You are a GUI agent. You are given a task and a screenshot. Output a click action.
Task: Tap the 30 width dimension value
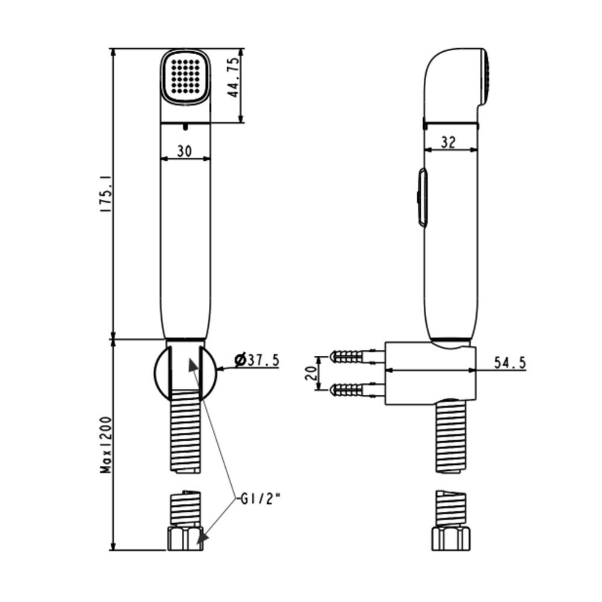pos(185,151)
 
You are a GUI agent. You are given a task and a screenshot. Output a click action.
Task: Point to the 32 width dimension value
pos(448,142)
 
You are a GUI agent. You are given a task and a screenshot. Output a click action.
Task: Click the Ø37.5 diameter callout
pos(257,360)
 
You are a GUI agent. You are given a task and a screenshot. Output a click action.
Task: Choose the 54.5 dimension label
pos(509,362)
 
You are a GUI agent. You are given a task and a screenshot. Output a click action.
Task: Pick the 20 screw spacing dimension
pos(311,373)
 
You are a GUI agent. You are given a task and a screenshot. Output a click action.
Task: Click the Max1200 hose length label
pos(107,444)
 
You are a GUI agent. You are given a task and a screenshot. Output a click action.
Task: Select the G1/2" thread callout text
pos(260,498)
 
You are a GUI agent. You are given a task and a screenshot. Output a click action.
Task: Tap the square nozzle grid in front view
pos(185,76)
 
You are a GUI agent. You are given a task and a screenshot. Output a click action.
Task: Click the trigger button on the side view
pos(423,197)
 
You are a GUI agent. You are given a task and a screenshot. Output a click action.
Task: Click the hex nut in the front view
pos(185,538)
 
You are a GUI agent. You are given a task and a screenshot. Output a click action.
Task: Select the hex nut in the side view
pos(450,538)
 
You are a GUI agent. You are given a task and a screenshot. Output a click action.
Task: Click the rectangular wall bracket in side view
pos(430,373)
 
